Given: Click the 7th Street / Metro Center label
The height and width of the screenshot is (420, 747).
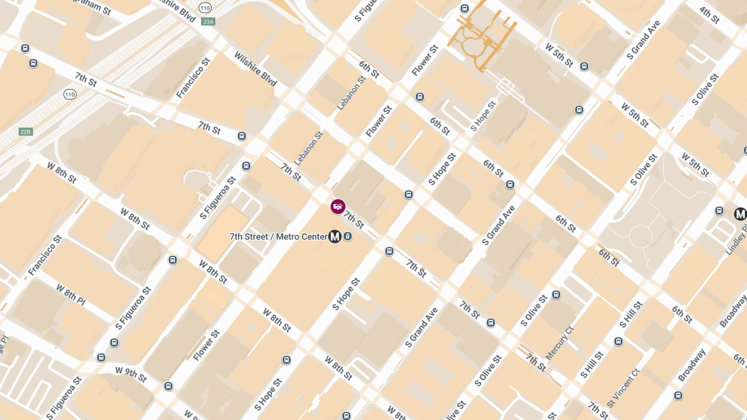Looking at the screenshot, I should pos(278,236).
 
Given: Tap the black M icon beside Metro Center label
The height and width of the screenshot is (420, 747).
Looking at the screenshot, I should pos(335,236).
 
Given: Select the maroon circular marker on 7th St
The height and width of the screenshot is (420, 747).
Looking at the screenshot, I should pos(338,206).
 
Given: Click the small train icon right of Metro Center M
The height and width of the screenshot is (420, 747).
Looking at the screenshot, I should pos(347,236).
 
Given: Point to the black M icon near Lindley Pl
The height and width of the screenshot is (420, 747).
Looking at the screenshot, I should pos(740,214).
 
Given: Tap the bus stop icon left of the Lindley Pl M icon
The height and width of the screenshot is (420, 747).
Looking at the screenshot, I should pos(720,211).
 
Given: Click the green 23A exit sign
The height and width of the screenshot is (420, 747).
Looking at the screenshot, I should pos(208,22).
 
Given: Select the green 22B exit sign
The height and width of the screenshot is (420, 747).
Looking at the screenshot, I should pos(25,132).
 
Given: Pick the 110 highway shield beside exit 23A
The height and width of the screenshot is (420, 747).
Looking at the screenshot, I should pos(205,7).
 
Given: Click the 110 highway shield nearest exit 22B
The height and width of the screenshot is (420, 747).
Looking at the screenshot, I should pos(70,95).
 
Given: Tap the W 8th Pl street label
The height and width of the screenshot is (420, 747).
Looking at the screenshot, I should pos(70,295).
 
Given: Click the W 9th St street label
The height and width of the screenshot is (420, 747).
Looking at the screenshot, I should pos(131,373).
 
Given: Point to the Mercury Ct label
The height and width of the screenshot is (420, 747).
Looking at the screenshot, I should pos(559,343).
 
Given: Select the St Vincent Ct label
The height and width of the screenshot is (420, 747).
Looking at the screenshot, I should pos(623,387).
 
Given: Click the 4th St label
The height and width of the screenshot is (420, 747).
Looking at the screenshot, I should pos(709,14).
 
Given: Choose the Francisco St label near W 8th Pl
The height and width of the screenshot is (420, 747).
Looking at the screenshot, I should pos(45,255).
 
